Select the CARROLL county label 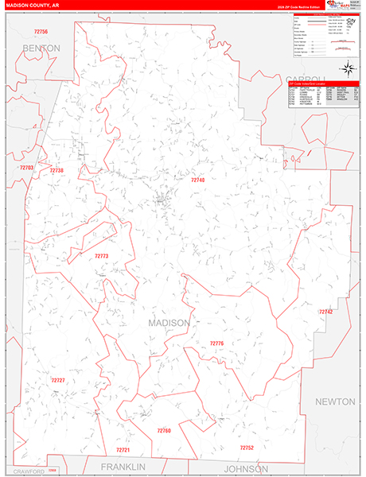(307, 78)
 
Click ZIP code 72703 (26, 168)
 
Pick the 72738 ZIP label (56, 171)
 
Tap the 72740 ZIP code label (198, 180)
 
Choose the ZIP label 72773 (101, 256)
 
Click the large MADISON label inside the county (169, 323)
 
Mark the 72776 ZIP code (217, 343)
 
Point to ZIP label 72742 (325, 312)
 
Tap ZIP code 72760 (163, 430)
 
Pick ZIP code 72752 (246, 448)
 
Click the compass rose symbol (347, 68)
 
